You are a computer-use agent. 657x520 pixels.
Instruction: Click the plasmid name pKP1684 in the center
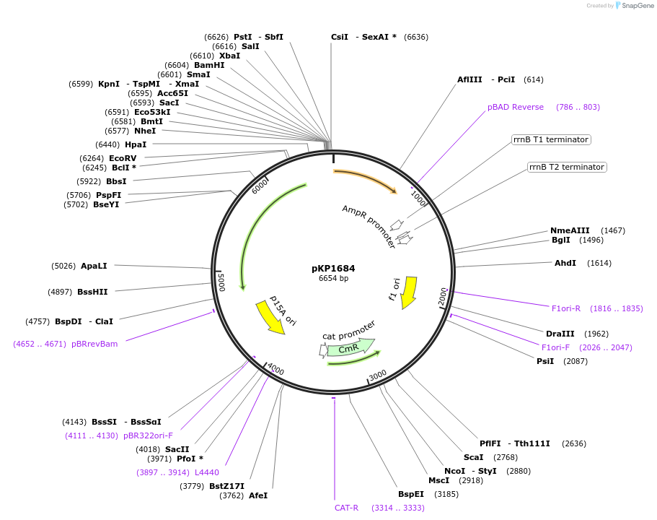coord(333,268)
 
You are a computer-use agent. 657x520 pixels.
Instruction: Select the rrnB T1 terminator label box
coord(551,139)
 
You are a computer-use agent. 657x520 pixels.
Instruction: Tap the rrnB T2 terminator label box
coord(567,167)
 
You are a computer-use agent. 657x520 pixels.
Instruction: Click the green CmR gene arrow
coord(350,348)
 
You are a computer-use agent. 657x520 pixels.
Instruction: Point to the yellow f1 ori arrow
coord(410,291)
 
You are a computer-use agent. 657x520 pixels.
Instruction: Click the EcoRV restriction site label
coord(123,158)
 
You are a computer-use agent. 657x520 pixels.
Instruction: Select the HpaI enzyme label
coord(136,144)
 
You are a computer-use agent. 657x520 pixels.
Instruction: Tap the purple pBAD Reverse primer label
coord(516,107)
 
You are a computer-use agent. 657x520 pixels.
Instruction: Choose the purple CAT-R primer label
coord(346,508)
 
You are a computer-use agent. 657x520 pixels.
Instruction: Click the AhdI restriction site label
coord(565,263)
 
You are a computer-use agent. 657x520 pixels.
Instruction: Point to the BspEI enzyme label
coord(410,495)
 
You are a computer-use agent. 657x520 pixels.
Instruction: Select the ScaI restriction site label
coord(473,457)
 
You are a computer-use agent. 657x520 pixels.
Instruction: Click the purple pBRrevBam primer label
coord(94,344)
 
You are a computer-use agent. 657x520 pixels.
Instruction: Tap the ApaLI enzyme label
coord(94,266)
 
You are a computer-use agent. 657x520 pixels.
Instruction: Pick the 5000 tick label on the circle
coord(221,282)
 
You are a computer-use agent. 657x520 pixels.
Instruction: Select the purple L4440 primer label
coord(207,472)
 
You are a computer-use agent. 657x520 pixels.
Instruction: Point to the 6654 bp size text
coord(333,278)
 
